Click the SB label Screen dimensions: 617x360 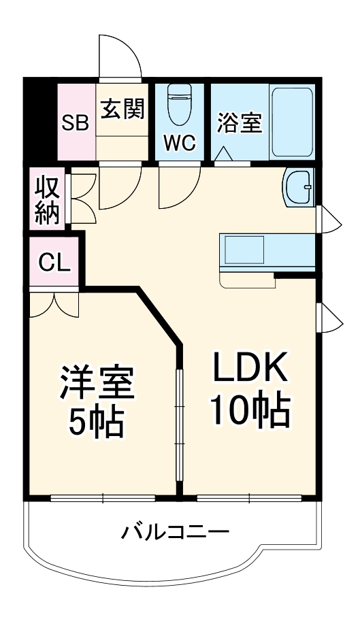coord(75,123)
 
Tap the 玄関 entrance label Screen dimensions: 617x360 coord(122,109)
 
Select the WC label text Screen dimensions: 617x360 coord(180,143)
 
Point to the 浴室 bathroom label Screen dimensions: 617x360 coord(240,122)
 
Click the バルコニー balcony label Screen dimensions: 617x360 coord(175,532)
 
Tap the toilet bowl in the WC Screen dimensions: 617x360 coord(180,107)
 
